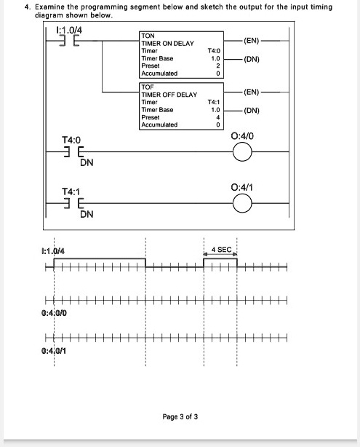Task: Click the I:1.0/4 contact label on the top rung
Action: pos(69,30)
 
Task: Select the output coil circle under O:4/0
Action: pos(242,151)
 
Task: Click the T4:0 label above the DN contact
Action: pos(72,138)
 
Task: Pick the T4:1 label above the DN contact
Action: pos(72,190)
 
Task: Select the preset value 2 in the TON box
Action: pos(217,66)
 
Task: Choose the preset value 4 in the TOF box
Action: pos(217,117)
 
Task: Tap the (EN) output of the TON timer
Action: pos(251,40)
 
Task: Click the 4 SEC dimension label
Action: pos(221,250)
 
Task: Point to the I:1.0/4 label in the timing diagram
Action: pos(52,251)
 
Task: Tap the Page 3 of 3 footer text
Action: pos(180,417)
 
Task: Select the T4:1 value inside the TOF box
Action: pos(214,103)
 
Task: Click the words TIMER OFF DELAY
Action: pos(169,95)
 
